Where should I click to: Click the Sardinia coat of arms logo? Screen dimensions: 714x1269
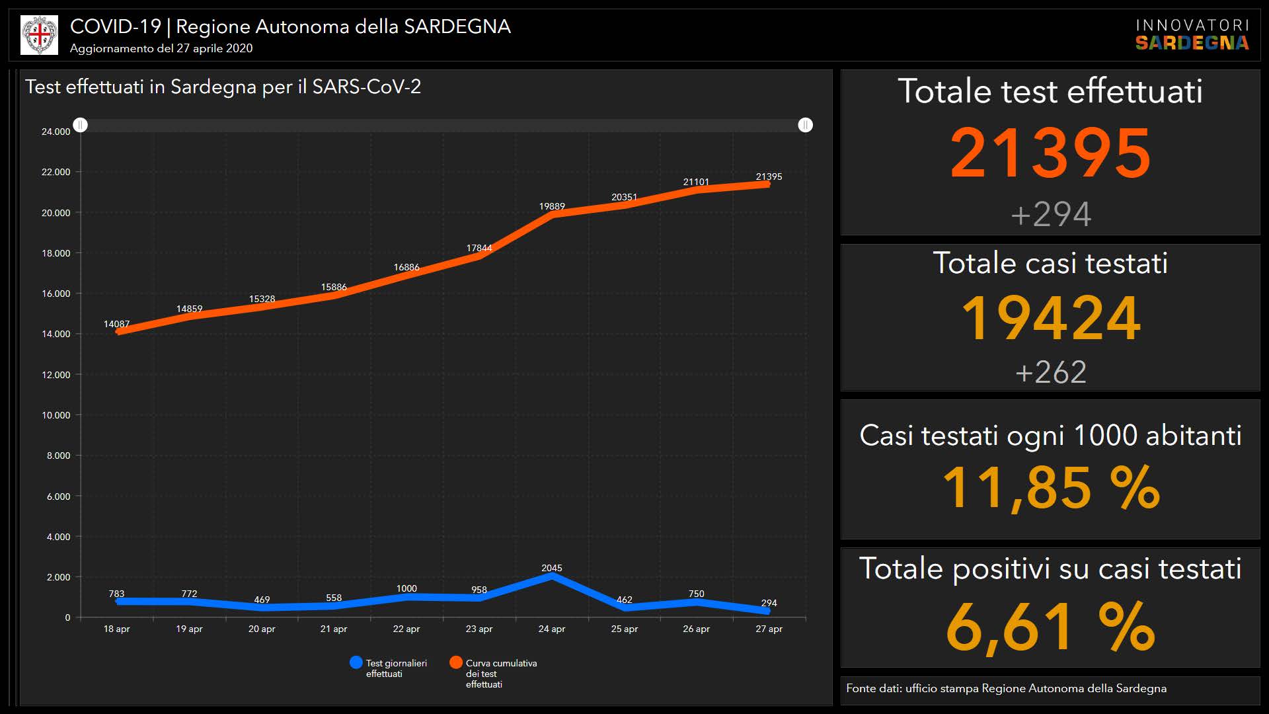coord(40,35)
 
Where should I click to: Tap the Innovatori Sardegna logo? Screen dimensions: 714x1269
coord(1192,35)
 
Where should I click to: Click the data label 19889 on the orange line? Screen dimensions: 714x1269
coord(552,206)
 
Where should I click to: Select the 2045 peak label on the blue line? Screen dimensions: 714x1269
coord(552,568)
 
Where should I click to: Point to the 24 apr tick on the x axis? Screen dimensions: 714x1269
coord(552,629)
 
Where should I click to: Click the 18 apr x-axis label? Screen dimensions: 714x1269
coord(116,629)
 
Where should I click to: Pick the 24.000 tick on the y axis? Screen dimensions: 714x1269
coord(56,132)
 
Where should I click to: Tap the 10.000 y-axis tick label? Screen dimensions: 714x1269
coord(56,415)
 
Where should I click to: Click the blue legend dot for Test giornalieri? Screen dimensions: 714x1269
coord(356,662)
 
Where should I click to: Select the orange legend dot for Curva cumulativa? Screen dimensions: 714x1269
coord(456,662)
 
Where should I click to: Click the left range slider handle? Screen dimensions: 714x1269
coord(81,125)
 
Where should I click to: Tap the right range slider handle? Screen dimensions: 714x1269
coord(805,125)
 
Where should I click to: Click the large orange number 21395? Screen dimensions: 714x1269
coord(1050,153)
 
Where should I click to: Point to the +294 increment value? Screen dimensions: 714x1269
coord(1050,214)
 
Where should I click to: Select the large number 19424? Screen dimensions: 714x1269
coord(1050,318)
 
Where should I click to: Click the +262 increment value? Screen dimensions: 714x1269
coord(1050,372)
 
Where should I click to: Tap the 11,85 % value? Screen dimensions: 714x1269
coord(1050,488)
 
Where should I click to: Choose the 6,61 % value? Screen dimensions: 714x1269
coord(1050,627)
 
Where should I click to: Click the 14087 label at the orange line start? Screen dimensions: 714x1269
coord(116,324)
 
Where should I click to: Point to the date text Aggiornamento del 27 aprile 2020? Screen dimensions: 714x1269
coord(161,48)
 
